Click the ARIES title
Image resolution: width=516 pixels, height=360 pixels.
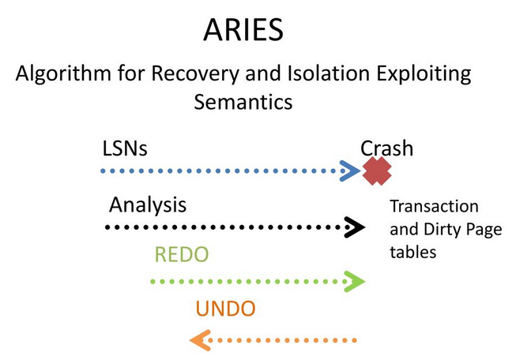(243, 29)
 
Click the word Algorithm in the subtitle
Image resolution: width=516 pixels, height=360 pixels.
(63, 74)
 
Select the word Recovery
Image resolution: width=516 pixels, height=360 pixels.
(195, 74)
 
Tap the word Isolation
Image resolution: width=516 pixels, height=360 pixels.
(329, 73)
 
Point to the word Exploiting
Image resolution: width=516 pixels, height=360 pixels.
(424, 74)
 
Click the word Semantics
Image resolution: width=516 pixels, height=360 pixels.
(243, 102)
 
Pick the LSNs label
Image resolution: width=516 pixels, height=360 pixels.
(125, 148)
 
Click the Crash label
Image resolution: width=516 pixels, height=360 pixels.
(386, 148)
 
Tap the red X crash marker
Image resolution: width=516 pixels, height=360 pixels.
(377, 171)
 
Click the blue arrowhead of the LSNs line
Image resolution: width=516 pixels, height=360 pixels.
(350, 171)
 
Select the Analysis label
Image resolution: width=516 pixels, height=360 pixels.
(148, 205)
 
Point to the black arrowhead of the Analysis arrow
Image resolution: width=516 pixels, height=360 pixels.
(355, 227)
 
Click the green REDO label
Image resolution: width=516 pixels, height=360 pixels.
(182, 254)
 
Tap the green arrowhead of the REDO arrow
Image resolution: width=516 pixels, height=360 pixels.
(355, 281)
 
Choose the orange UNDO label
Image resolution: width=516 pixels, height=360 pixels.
(226, 309)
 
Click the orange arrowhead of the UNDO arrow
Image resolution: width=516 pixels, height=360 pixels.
(200, 340)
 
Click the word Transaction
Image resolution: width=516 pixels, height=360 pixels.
(435, 207)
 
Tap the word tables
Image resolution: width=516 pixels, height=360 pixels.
(413, 252)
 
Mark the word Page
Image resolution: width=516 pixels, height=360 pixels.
(484, 231)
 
